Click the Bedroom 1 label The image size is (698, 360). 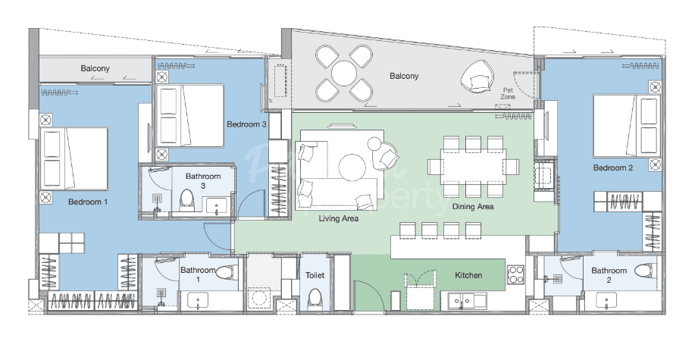(x=88, y=202)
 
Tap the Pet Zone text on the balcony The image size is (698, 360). (x=508, y=93)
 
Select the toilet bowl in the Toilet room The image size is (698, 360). (x=315, y=299)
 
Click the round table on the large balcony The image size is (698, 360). (x=343, y=74)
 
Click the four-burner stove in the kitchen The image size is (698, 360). (x=515, y=274)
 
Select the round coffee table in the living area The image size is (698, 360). (x=352, y=167)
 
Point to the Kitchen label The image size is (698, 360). (x=468, y=275)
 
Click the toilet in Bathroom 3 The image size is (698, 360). (x=186, y=200)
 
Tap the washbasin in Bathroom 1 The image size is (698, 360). (x=198, y=301)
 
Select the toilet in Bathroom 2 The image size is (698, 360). (x=646, y=270)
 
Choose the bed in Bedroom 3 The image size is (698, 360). (x=189, y=115)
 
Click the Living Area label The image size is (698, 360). (x=339, y=218)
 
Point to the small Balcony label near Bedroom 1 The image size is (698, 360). (x=95, y=68)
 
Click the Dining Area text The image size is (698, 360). (x=473, y=207)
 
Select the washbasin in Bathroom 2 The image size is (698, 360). (x=606, y=301)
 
